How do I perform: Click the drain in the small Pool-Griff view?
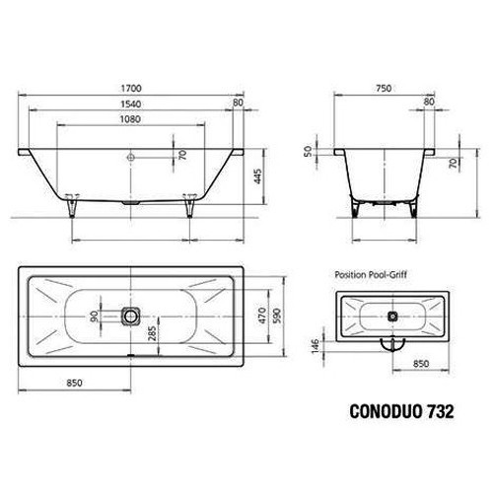click(392, 317)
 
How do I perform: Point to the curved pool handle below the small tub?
click(392, 344)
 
